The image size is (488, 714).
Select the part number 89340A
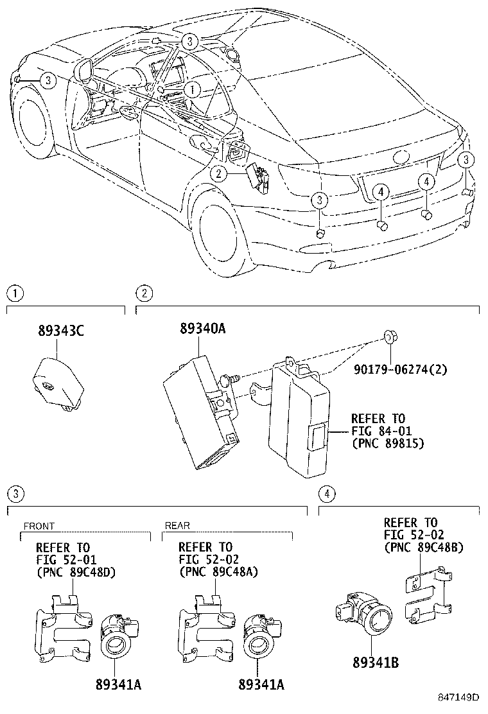click(x=202, y=329)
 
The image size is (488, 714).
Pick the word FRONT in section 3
click(x=39, y=526)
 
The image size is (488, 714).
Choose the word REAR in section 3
click(x=177, y=526)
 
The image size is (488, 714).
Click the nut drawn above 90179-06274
click(x=388, y=337)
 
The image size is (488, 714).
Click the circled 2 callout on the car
click(x=219, y=173)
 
